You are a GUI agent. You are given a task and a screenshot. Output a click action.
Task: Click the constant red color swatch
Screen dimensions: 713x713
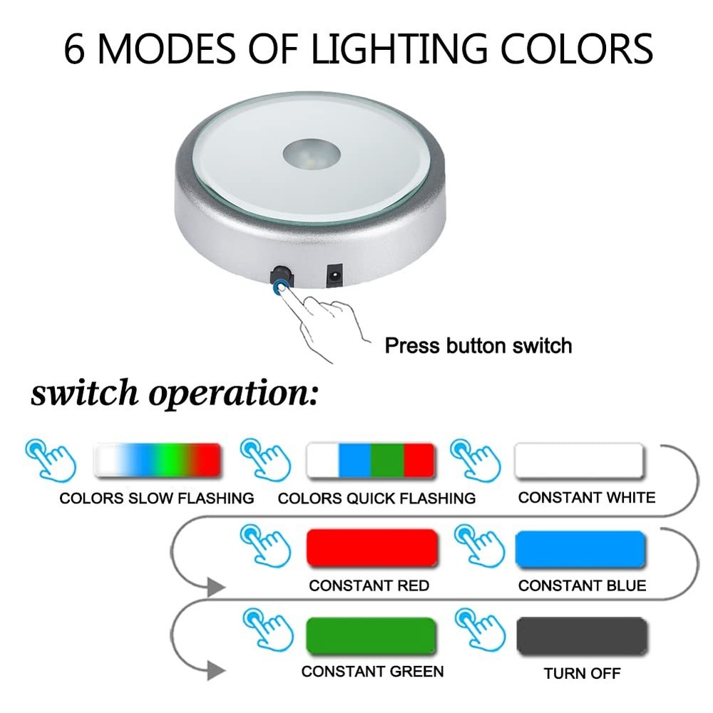pyautogui.click(x=371, y=548)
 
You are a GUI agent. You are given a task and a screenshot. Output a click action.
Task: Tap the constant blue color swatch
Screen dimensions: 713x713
pyautogui.click(x=580, y=548)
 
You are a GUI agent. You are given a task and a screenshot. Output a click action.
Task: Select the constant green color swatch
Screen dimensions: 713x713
pyautogui.click(x=371, y=635)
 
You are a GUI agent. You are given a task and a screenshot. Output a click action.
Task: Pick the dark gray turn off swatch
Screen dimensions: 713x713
pyautogui.click(x=582, y=636)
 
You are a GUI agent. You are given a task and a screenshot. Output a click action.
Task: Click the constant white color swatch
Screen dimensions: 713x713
pyautogui.click(x=579, y=461)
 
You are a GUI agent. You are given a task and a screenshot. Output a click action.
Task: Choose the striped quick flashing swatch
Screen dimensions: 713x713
pyautogui.click(x=371, y=461)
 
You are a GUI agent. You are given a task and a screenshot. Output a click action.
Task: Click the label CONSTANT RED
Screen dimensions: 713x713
pyautogui.click(x=369, y=585)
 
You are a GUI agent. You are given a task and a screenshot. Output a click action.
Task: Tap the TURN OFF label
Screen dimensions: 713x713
pyautogui.click(x=582, y=673)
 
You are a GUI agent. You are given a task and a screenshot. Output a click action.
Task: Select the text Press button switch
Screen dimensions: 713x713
pyautogui.click(x=478, y=347)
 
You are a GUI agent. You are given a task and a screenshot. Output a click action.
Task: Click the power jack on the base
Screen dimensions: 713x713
pyautogui.click(x=334, y=276)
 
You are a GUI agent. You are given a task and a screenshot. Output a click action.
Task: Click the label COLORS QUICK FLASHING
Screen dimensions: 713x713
pyautogui.click(x=376, y=498)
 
